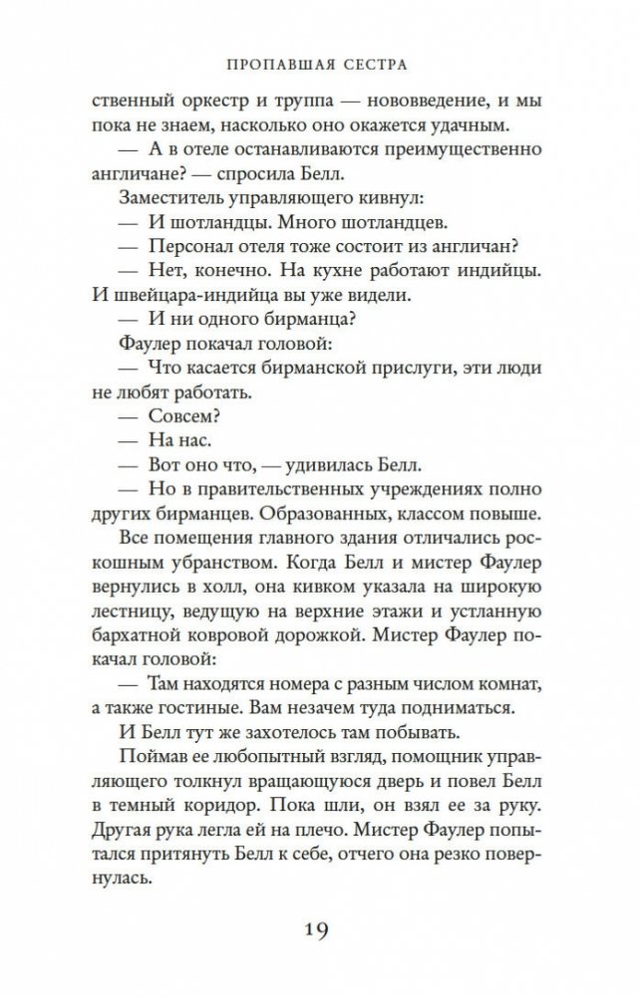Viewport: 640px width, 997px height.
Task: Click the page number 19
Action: tap(320, 932)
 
